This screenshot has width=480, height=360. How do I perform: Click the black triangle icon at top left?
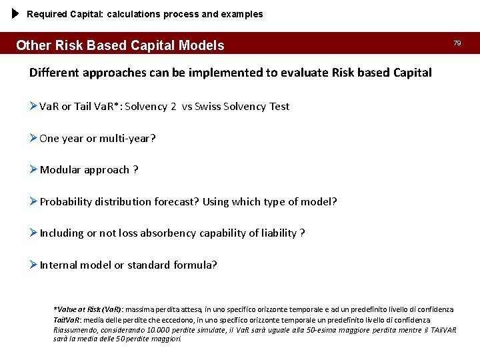point(17,14)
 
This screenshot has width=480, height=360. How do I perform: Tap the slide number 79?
point(457,43)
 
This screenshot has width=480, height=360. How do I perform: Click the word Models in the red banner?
point(201,46)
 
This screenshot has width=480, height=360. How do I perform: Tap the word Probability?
point(66,201)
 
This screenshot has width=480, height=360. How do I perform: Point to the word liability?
point(275,233)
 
